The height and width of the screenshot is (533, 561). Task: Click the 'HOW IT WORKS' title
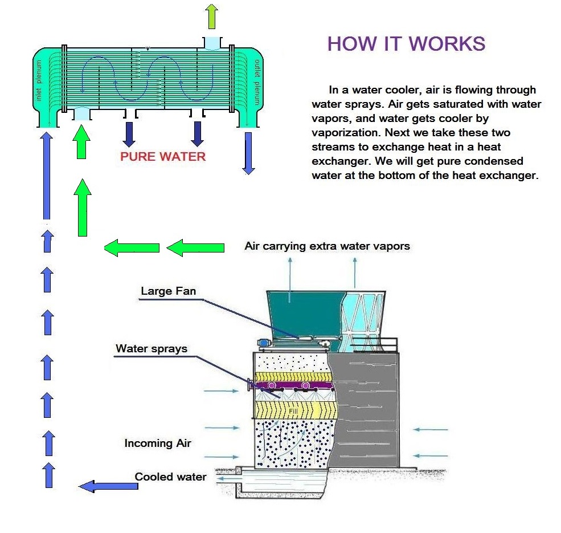click(x=406, y=44)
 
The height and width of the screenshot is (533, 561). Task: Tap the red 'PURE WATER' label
click(x=163, y=156)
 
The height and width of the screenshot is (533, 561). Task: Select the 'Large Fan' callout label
click(x=168, y=291)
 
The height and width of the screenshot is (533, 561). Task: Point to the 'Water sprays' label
click(x=151, y=348)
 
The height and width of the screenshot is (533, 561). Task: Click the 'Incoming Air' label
click(x=158, y=443)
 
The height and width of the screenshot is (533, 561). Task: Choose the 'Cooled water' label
click(x=170, y=477)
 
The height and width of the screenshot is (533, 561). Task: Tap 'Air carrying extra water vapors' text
click(x=327, y=246)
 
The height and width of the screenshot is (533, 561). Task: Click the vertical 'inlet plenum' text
click(x=39, y=86)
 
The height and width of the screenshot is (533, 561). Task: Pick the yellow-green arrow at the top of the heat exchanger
click(x=212, y=15)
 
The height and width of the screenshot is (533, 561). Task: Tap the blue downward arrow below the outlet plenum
click(x=248, y=153)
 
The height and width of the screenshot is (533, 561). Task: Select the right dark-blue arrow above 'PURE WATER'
click(x=198, y=133)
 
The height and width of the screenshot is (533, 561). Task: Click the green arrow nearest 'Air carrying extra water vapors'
click(x=195, y=247)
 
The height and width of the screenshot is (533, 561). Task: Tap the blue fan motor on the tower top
click(x=264, y=344)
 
